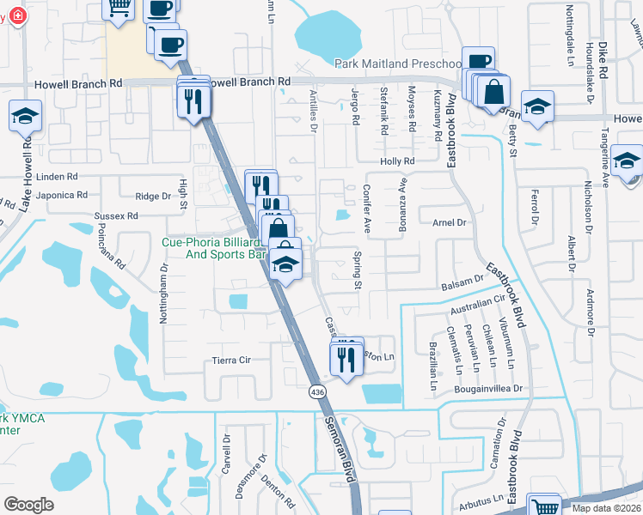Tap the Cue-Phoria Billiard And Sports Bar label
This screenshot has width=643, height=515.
pyautogui.click(x=211, y=248)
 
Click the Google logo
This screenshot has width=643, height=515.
pyautogui.click(x=28, y=505)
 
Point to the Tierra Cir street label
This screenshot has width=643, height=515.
pyautogui.click(x=230, y=361)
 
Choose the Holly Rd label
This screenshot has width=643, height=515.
pyautogui.click(x=397, y=161)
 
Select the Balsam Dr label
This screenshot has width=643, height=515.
pyautogui.click(x=462, y=282)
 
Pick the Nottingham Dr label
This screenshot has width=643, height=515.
pyautogui.click(x=163, y=292)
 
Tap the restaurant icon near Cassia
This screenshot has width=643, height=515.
pyautogui.click(x=347, y=360)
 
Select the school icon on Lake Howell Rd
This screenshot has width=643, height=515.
pyautogui.click(x=25, y=117)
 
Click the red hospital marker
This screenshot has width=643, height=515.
pyautogui.click(x=15, y=16)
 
